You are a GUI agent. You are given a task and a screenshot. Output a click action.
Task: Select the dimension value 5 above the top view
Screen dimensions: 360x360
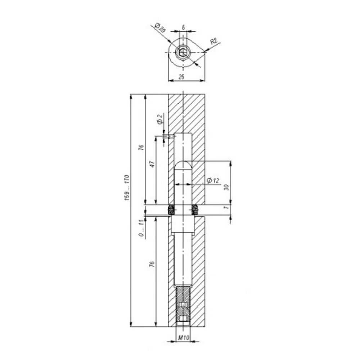pos(183,27)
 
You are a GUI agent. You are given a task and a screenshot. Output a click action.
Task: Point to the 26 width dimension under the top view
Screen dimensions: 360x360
pos(181,77)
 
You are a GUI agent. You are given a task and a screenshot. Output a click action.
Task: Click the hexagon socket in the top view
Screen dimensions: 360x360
pos(183,53)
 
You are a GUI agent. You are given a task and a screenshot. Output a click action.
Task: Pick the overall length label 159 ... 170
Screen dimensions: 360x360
pos(127,188)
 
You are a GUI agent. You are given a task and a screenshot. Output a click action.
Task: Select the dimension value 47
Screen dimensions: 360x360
pos(152,164)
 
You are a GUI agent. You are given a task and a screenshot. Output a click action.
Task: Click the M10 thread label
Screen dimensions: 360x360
pos(184,338)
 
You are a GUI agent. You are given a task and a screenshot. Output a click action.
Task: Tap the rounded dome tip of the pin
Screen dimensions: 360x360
pos(184,165)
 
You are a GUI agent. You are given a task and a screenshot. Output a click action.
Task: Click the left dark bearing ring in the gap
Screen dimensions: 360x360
pos(172,209)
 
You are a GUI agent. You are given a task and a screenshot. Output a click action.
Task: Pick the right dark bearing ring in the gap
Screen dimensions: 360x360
pos(195,209)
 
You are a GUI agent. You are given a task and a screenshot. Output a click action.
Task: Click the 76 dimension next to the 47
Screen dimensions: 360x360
pos(141,147)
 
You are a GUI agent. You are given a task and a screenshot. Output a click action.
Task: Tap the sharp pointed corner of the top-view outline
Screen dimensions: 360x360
pos(205,53)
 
